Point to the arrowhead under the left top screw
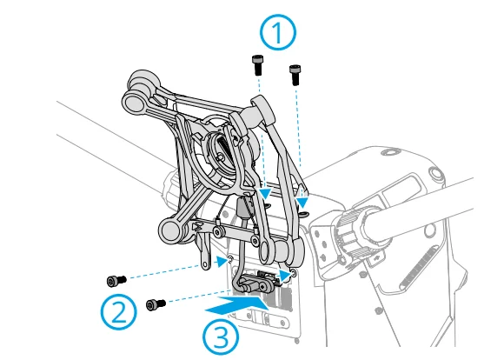pos(265,193)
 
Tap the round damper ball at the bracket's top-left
pos(137,97)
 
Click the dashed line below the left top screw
pos(261,130)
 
